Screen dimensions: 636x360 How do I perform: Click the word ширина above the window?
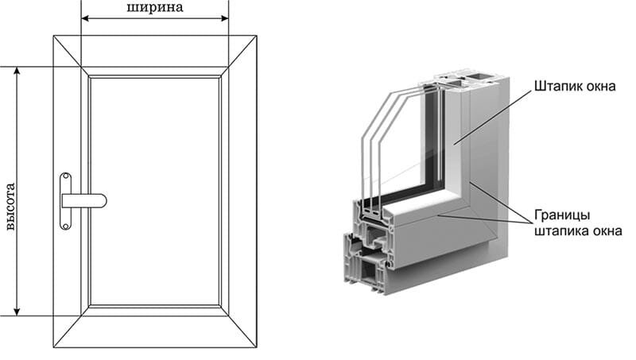tap(155, 7)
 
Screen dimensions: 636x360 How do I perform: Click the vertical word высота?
tap(10, 207)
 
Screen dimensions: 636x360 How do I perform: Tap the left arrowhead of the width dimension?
tap(85, 18)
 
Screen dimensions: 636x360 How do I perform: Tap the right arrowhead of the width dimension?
tap(225, 18)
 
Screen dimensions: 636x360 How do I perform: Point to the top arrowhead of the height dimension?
tap(17, 71)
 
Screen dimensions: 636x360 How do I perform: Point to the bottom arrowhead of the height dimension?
tap(17, 312)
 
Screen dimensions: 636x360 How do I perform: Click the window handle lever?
tap(84, 201)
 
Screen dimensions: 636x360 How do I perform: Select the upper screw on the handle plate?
tap(65, 176)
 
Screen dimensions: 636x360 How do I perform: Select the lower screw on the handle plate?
tap(65, 226)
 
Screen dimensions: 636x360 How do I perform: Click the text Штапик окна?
tap(575, 86)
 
